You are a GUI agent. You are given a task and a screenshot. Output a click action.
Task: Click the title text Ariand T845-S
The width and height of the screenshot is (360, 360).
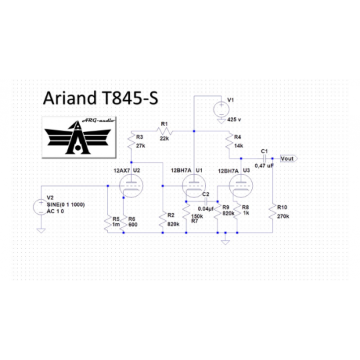point(101,98)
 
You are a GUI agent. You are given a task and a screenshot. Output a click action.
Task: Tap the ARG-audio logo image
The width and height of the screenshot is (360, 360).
point(79,137)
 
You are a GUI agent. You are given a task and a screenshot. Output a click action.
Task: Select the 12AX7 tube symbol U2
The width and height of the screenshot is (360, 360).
point(131,186)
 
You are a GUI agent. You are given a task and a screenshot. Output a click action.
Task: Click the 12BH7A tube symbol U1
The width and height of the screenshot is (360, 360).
point(194,186)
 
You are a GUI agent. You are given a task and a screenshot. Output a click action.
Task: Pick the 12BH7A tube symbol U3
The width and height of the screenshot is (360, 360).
point(241,186)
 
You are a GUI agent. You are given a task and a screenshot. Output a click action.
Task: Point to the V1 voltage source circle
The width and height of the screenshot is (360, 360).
point(221,109)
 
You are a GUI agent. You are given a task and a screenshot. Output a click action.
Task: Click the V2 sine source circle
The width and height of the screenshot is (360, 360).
point(41,207)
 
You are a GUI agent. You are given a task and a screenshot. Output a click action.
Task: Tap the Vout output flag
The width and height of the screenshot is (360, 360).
point(289,159)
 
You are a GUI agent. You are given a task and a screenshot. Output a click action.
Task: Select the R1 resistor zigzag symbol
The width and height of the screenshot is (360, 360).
point(164,131)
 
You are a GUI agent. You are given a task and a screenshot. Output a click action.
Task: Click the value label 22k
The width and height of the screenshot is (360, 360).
point(165,138)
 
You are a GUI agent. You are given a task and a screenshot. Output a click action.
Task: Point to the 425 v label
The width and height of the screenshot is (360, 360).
point(234,119)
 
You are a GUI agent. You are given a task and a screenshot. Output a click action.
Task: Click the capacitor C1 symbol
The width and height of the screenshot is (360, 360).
point(264,159)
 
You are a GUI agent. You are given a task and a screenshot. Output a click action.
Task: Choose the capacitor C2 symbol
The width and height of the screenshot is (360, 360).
point(206,201)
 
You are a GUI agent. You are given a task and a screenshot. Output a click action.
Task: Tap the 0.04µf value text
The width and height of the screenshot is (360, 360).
point(206,209)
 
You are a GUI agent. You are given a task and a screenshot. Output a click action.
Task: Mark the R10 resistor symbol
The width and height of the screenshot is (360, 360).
point(272,213)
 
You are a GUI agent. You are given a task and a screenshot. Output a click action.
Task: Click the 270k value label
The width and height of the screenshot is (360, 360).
point(283,216)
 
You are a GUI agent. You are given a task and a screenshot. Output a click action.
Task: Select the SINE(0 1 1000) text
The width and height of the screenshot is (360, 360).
point(65,205)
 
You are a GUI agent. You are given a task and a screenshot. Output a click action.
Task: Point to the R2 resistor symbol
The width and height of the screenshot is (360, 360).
point(163,220)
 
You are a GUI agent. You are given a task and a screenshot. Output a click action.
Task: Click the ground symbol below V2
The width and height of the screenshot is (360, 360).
point(41,231)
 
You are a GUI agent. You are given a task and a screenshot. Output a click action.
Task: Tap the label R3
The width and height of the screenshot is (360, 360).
point(139,137)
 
